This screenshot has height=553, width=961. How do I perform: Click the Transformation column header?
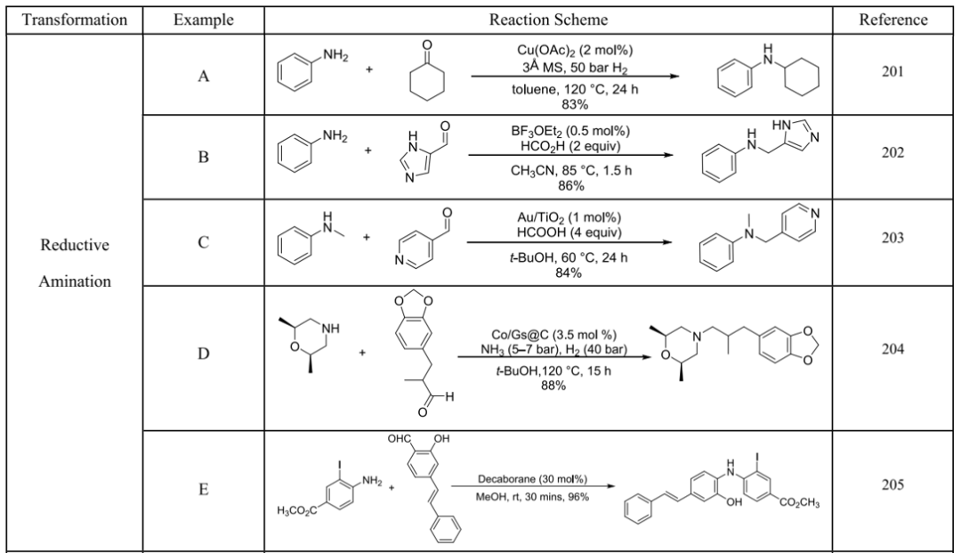(x=75, y=20)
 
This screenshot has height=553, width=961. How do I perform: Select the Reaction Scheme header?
(x=548, y=20)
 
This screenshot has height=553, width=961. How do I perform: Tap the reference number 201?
(x=892, y=72)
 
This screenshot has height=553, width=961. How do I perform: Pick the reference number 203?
(x=892, y=237)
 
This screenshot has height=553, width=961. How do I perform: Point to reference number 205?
(x=892, y=485)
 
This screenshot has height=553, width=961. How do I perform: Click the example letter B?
(x=204, y=157)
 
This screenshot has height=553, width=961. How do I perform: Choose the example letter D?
(x=204, y=354)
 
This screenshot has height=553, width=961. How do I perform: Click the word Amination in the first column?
(x=75, y=281)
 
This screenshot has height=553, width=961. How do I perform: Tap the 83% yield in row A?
(x=574, y=104)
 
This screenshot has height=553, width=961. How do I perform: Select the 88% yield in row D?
(x=553, y=386)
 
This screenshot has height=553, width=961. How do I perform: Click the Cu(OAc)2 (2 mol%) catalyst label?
(x=574, y=51)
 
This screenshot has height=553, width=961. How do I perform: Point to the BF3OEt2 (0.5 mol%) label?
(x=570, y=131)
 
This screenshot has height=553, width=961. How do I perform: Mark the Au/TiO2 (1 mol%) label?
(x=569, y=217)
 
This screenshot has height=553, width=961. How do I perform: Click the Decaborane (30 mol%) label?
(x=532, y=479)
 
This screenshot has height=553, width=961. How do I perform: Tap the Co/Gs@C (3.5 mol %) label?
(x=554, y=335)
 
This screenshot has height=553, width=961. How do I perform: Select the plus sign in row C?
(x=366, y=237)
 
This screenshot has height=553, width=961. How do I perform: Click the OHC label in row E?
(x=399, y=439)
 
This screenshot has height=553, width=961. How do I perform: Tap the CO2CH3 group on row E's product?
(x=799, y=503)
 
